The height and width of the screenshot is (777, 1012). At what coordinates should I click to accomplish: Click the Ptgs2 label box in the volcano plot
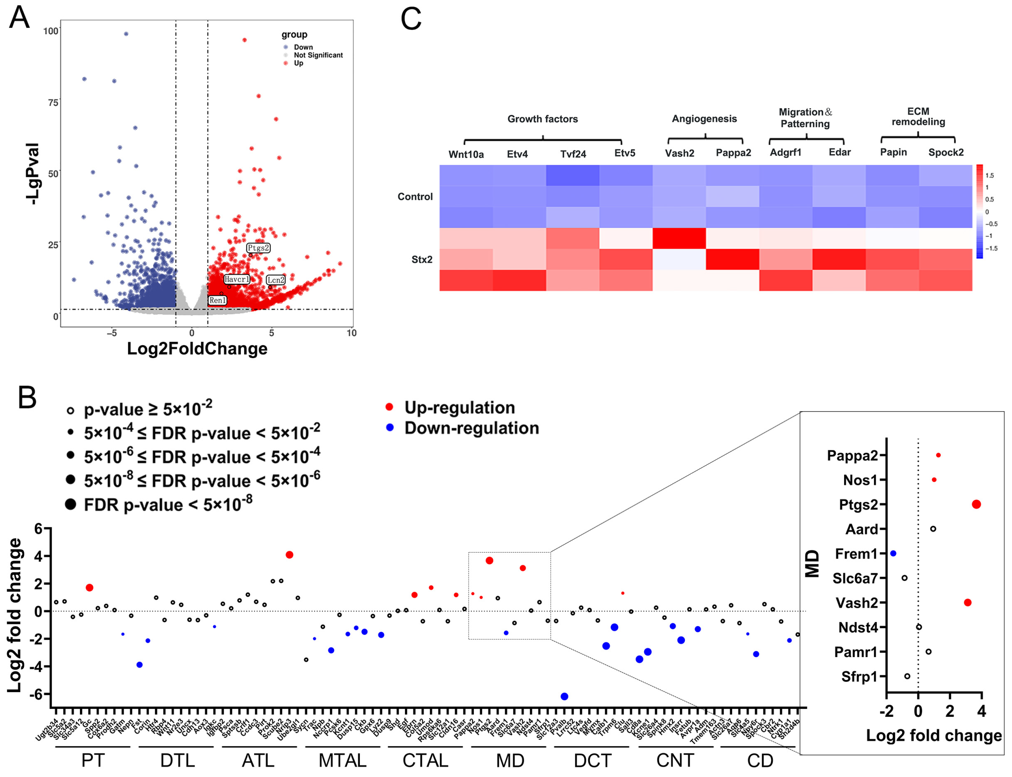tap(258, 248)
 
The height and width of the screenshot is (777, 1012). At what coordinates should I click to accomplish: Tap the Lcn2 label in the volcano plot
tap(276, 280)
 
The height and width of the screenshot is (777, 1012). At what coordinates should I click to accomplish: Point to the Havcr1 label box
tap(237, 280)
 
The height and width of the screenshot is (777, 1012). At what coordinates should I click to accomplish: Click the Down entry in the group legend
tap(303, 47)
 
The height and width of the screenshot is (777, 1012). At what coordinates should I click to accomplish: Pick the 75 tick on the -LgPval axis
tap(53, 103)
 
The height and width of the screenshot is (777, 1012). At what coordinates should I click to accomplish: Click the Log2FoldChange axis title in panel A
tap(197, 349)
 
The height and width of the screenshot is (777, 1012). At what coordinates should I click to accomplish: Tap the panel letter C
tap(411, 19)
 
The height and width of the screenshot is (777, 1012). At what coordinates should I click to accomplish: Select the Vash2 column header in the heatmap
tap(679, 153)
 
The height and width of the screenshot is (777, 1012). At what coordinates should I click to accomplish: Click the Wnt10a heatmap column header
tap(466, 154)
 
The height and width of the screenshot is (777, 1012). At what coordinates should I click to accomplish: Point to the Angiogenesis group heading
tap(704, 119)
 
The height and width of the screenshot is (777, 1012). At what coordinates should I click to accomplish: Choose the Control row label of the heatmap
tap(415, 196)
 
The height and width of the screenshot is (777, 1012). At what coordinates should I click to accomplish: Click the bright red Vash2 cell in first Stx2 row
tap(679, 238)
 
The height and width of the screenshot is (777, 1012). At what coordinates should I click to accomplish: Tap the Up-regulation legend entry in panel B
tap(459, 407)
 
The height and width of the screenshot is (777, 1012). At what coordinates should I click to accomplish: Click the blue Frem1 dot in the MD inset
tap(893, 553)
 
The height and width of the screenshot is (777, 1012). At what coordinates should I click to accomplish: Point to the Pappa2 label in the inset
tap(852, 455)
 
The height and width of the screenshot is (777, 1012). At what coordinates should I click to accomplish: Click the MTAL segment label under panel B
tap(342, 760)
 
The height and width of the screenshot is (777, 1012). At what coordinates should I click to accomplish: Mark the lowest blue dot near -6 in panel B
tap(564, 696)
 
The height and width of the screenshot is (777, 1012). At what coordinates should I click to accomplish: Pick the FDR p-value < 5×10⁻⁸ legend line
tap(168, 504)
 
